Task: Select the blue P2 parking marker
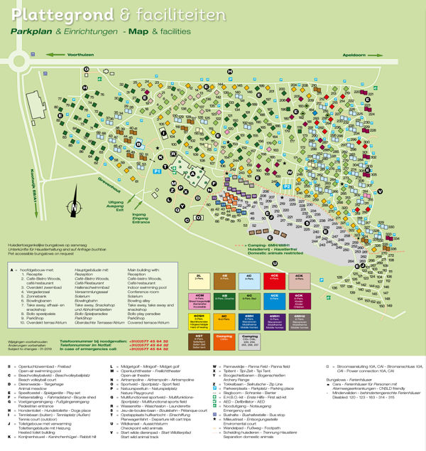288,186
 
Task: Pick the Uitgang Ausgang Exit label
115,206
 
